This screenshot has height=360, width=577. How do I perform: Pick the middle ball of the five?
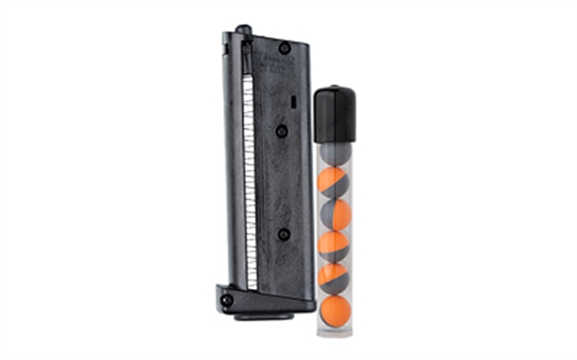click(334, 246)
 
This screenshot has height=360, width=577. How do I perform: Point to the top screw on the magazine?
click(283, 49)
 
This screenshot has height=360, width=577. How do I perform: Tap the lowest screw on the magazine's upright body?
click(282, 234)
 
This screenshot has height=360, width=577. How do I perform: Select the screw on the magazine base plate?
click(225, 300)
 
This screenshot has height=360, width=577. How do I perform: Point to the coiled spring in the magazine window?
click(246, 166)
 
